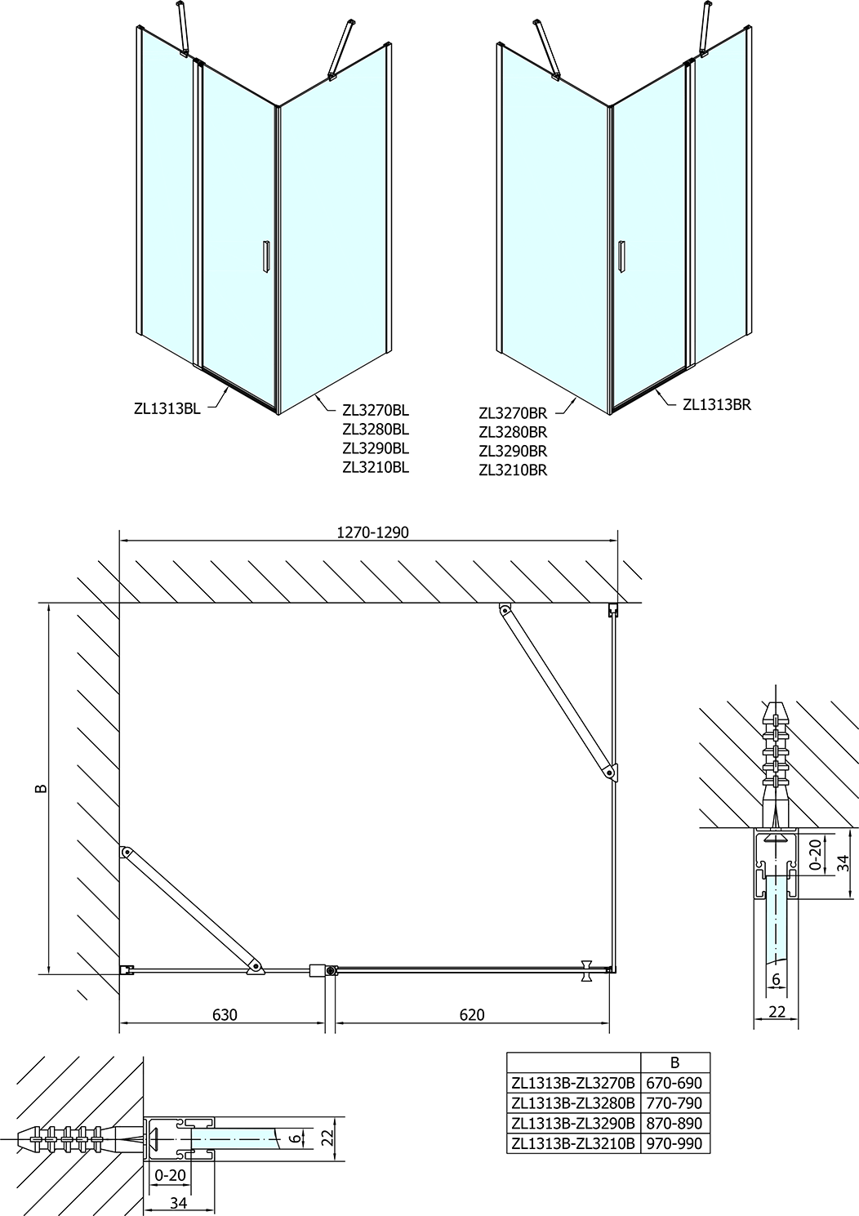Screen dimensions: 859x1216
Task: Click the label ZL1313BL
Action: [167, 409]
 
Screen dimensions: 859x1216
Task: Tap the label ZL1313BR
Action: [717, 404]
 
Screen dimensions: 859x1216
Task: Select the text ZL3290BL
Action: [376, 448]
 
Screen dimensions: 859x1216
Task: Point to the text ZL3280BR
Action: [513, 432]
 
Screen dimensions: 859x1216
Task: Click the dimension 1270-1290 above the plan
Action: [373, 532]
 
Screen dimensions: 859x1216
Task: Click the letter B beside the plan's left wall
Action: [42, 789]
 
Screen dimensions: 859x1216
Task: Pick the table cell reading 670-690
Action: [675, 1083]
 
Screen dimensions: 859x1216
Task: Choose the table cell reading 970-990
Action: [675, 1144]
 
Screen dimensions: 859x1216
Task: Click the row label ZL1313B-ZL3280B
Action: [573, 1103]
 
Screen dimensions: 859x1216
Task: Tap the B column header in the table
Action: [675, 1062]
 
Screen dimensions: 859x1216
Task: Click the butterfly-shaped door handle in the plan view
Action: [586, 969]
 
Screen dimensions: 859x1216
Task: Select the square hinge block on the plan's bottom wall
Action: [317, 970]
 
